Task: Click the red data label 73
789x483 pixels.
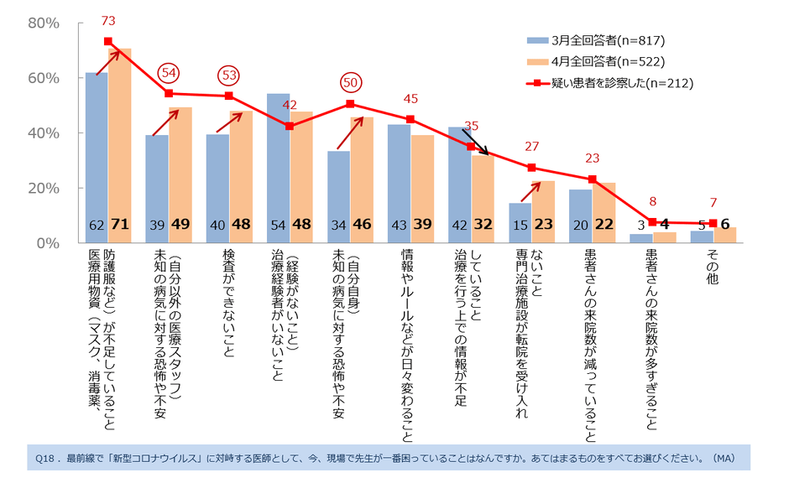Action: (x=108, y=20)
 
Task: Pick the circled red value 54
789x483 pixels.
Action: (x=168, y=72)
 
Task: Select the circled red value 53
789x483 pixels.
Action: (x=228, y=75)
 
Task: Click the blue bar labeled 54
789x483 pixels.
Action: (x=278, y=168)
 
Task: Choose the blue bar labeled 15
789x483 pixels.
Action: (x=520, y=222)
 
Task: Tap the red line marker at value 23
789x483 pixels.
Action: (x=592, y=179)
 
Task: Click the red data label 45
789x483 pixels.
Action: (x=410, y=98)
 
